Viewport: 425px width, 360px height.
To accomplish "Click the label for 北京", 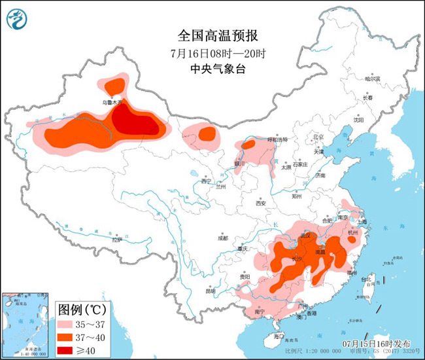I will (x=318, y=137).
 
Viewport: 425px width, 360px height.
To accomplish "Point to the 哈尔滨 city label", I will (x=373, y=79).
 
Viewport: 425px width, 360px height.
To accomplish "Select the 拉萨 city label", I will (x=116, y=240).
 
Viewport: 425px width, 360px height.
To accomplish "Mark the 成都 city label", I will (x=222, y=238).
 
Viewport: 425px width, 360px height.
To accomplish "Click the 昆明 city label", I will (x=210, y=290).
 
